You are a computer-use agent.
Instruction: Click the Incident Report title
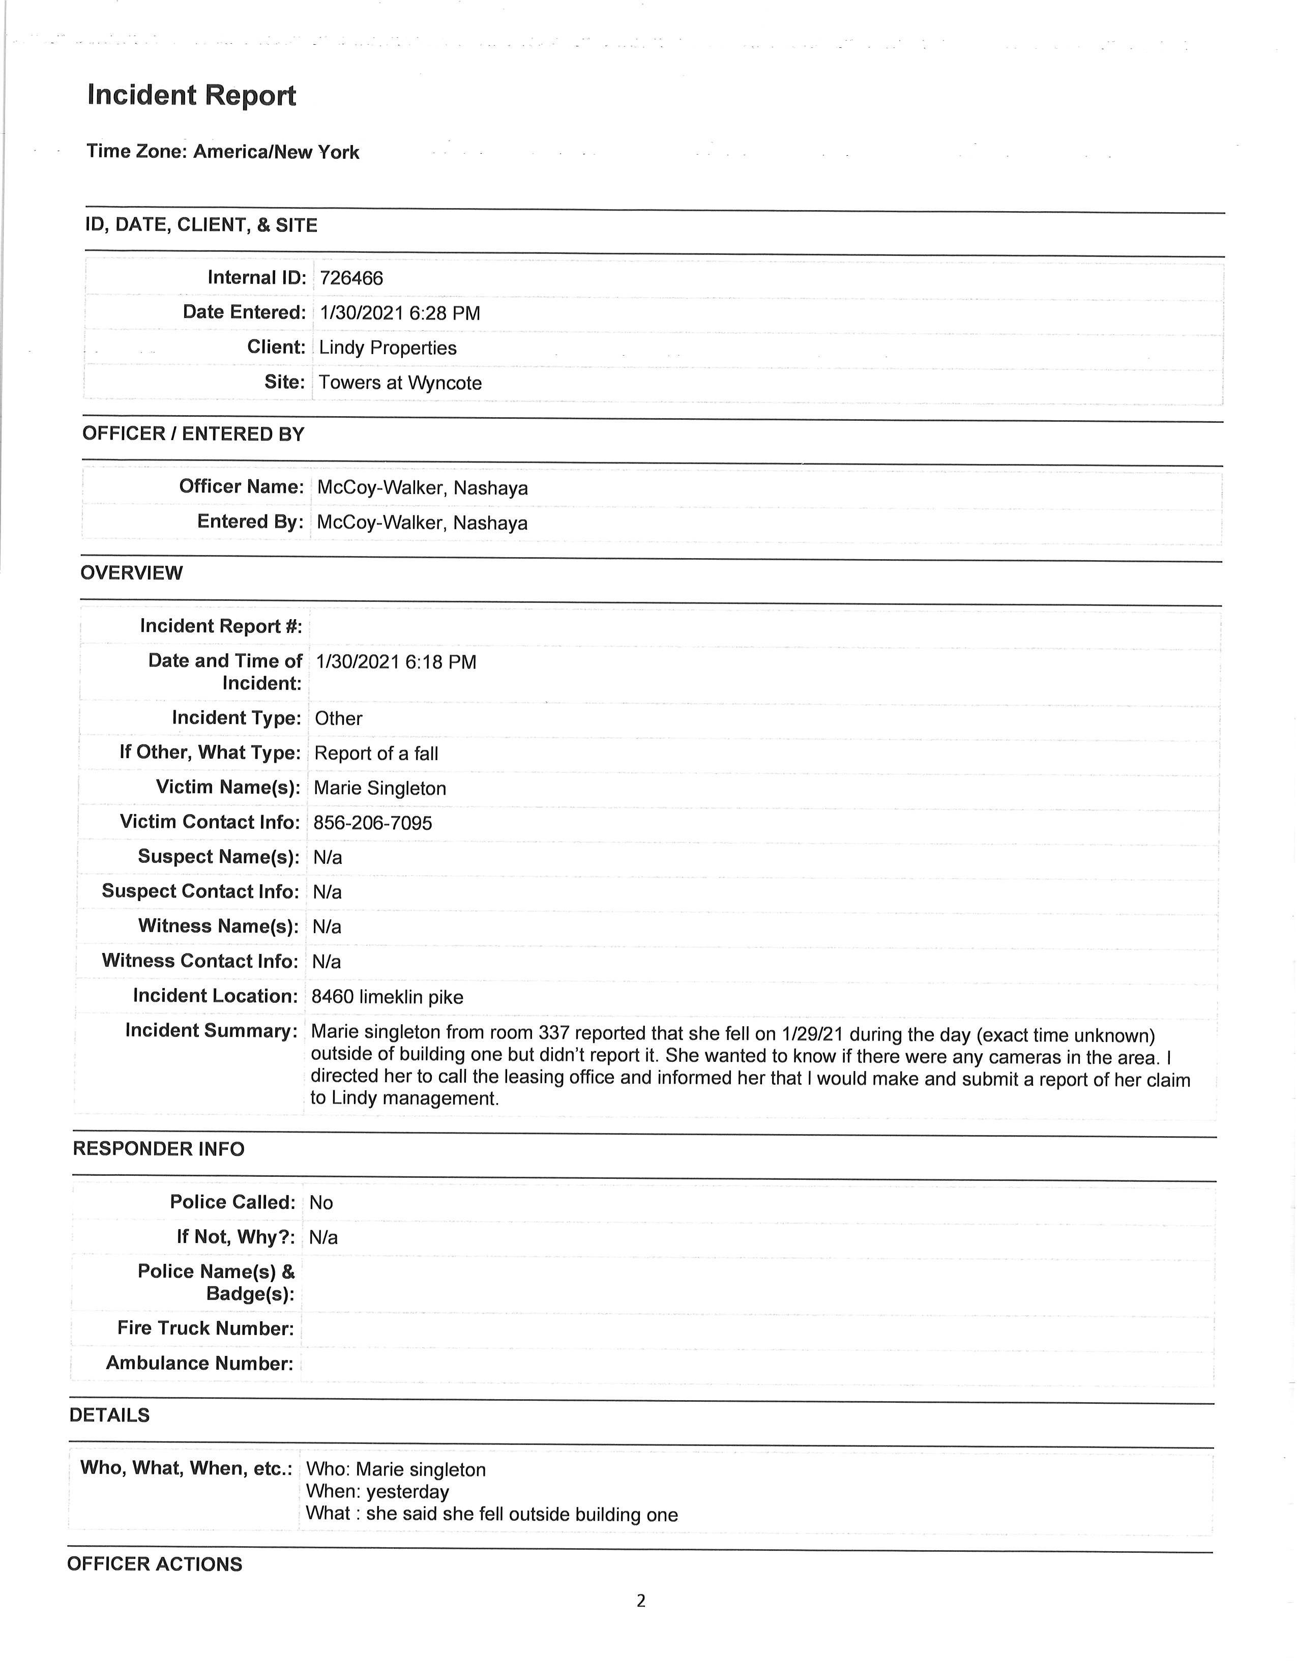coord(191,95)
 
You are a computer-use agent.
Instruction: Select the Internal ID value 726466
coord(351,278)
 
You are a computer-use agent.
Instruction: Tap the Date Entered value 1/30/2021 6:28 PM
coord(400,313)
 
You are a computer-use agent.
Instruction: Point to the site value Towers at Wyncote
coord(400,383)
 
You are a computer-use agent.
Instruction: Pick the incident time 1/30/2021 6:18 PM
coord(396,662)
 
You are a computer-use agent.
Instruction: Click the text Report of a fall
coord(376,754)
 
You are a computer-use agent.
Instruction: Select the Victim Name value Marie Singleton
coord(379,788)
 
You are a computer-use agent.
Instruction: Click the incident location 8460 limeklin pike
coord(387,997)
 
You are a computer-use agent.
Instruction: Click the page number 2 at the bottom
coord(641,1601)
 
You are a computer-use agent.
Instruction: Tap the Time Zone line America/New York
coord(222,152)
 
